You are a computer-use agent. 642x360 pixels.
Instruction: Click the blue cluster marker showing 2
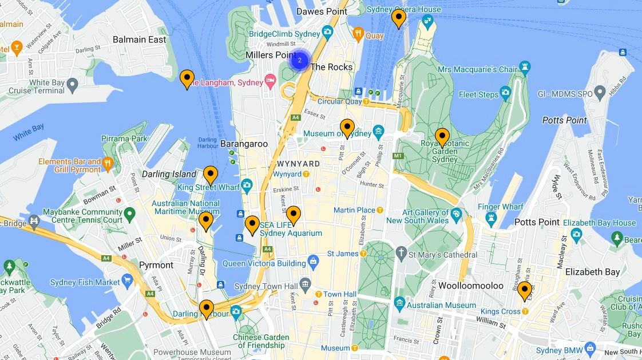pos(299,60)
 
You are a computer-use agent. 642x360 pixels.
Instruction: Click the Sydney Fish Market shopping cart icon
pos(128,282)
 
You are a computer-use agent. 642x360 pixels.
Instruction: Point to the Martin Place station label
pos(354,210)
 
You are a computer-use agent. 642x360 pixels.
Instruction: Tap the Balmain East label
pos(140,39)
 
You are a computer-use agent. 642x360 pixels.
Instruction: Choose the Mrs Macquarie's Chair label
pos(469,70)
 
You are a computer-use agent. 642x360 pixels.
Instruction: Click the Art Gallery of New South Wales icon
pos(456,215)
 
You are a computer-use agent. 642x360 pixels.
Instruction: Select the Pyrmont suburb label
pos(156,265)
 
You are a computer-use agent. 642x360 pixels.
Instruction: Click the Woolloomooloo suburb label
pos(470,286)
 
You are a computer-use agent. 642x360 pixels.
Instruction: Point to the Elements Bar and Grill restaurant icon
pos(108,165)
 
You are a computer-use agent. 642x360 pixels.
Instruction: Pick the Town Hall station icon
pos(318,294)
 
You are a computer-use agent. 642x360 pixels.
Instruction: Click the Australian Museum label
pos(441,305)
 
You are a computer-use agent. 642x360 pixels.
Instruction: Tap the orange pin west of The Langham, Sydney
pos(187,79)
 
